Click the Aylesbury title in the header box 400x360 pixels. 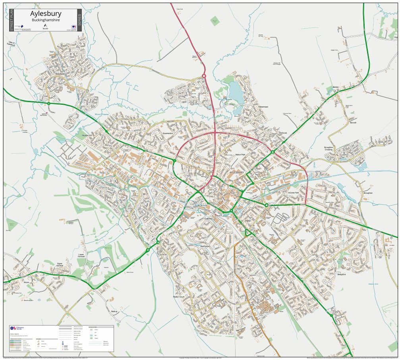click(46, 14)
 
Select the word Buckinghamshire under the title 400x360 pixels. click(46, 20)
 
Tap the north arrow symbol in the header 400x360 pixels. click(44, 25)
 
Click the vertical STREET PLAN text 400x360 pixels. click(11, 20)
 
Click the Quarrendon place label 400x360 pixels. click(168, 133)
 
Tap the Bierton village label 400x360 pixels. click(336, 87)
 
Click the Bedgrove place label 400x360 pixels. click(341, 274)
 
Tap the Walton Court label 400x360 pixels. click(179, 296)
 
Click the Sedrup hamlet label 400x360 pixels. click(114, 312)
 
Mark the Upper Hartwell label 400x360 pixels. click(60, 264)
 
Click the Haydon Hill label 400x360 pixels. click(87, 135)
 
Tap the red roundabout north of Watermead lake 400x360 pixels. click(204, 76)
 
